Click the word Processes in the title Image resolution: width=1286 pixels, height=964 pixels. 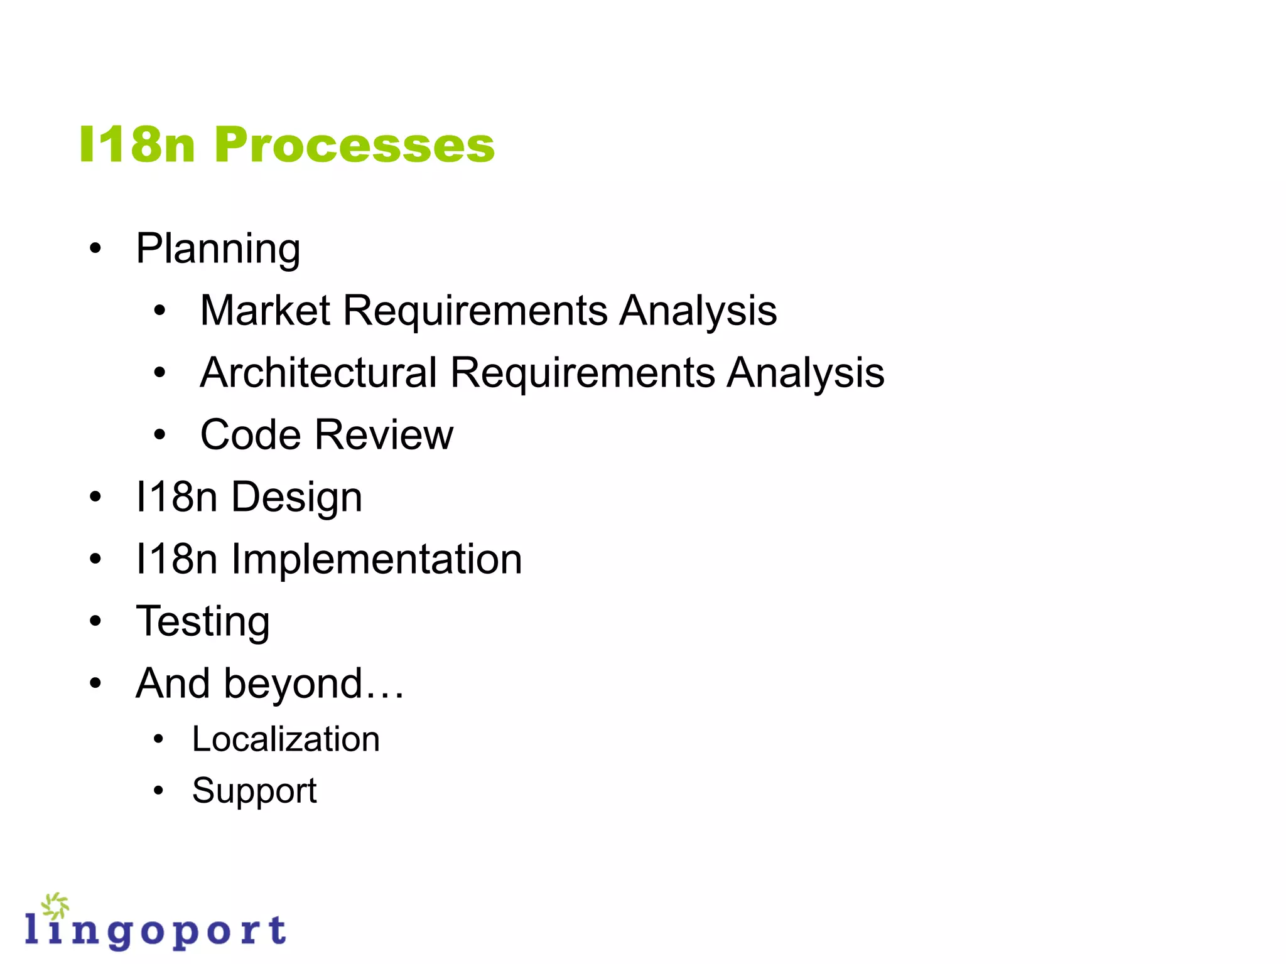355,145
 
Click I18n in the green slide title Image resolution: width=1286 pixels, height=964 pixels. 138,145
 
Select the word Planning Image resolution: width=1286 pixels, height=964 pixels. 218,249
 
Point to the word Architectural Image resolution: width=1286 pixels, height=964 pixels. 318,372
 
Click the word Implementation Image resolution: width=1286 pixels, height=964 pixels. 376,559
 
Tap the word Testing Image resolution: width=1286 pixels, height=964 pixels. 203,621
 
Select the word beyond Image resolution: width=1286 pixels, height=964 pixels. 294,683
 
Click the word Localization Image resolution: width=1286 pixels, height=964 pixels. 286,739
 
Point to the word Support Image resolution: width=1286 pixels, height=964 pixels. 254,791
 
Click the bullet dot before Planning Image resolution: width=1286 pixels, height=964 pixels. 95,249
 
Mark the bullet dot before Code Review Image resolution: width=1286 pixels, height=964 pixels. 159,434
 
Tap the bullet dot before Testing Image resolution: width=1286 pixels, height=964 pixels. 95,621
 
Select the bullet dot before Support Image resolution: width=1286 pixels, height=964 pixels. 158,790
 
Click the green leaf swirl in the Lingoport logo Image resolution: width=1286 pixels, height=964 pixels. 55,906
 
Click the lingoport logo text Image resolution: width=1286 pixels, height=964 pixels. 156,931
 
